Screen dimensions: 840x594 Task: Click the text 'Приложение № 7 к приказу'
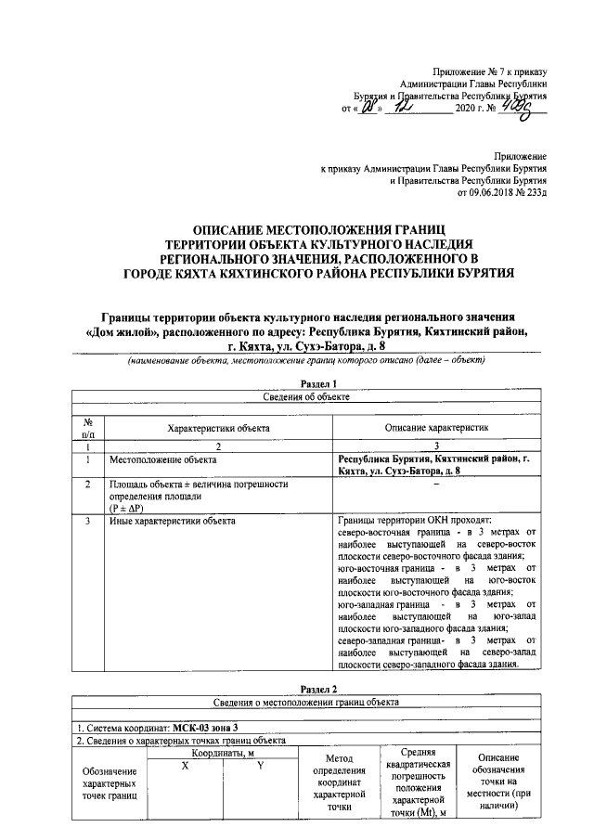(x=492, y=71)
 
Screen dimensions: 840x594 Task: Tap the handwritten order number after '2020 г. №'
(x=527, y=108)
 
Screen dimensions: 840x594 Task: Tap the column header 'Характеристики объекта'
(x=218, y=429)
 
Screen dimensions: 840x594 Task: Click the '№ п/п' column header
(x=87, y=427)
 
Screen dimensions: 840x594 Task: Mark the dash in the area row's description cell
(x=435, y=485)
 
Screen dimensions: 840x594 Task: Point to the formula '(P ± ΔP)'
(x=129, y=508)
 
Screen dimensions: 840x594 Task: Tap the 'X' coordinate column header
(x=185, y=764)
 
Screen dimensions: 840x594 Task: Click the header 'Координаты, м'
(x=223, y=754)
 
